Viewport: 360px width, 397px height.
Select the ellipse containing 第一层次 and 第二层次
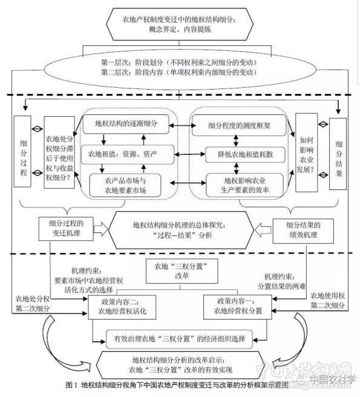180,68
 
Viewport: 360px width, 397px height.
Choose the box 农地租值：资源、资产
123,154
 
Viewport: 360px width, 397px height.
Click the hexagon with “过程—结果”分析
180,230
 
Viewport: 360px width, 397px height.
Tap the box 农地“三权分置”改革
180,270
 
